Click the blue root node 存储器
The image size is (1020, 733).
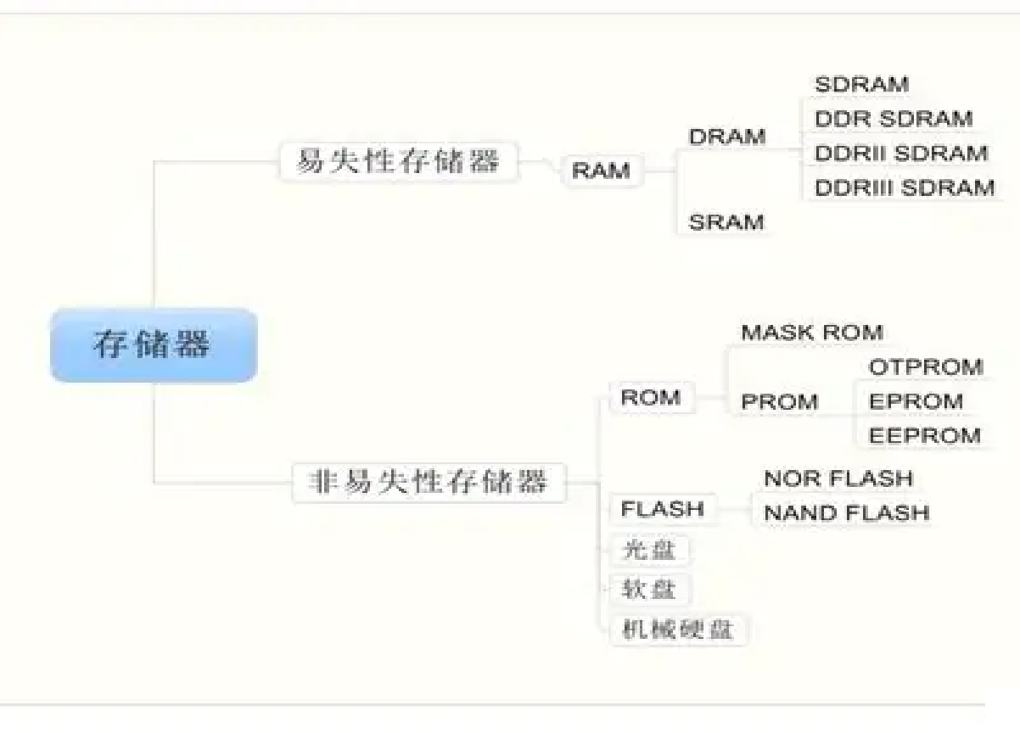153,345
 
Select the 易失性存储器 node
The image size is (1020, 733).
397,160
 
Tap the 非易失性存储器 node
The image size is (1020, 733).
429,482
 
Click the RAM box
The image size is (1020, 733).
601,171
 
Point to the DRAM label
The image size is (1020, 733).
726,137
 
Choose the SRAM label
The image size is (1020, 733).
726,222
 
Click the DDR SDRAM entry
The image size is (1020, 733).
894,119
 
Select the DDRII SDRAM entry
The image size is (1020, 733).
901,154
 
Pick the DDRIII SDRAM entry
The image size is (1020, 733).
905,187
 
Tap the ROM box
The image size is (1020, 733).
651,397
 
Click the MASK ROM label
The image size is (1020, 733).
812,333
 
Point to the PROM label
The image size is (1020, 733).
780,401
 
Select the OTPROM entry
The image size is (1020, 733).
926,367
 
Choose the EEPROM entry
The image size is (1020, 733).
925,435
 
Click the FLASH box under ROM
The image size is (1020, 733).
663,509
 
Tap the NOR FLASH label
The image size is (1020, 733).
838,478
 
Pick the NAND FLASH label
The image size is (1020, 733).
846,512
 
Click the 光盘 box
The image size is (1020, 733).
649,550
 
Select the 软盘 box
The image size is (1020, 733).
649,589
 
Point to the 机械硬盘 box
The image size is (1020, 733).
678,629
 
